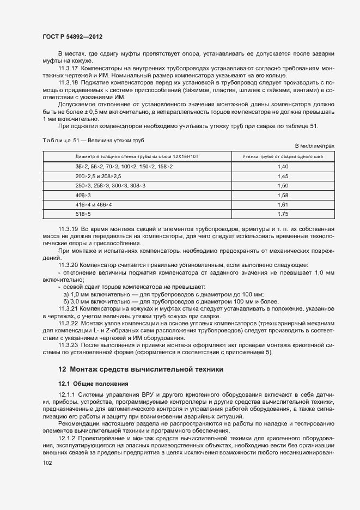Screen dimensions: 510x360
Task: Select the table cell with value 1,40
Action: (x=283, y=166)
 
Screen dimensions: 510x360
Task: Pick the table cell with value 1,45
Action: (x=283, y=176)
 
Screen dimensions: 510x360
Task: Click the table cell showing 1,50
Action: (x=283, y=185)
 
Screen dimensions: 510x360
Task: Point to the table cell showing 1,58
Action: (x=283, y=195)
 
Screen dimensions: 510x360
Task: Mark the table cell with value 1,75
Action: (x=283, y=214)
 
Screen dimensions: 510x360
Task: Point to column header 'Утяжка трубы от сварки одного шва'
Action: (x=283, y=156)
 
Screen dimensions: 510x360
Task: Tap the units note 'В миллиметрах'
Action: (x=314, y=147)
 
